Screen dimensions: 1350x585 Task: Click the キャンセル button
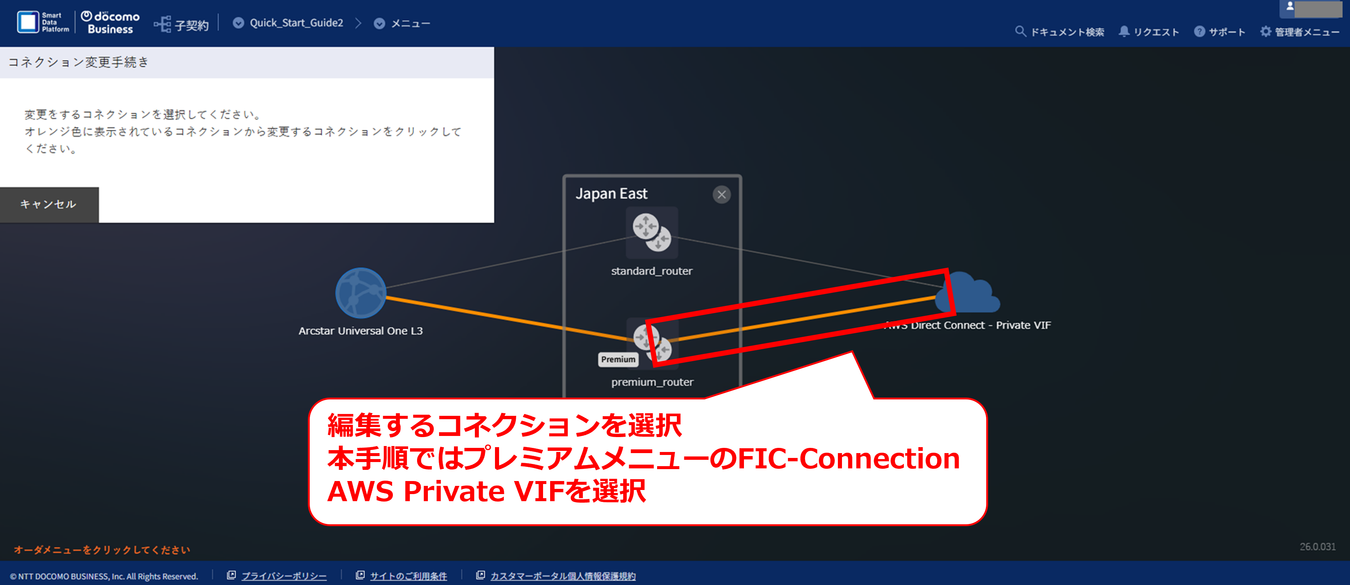(x=49, y=204)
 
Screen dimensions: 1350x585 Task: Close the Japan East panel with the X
(x=721, y=195)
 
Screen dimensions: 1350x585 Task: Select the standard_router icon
(x=652, y=232)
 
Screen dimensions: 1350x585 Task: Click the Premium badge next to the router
(x=618, y=359)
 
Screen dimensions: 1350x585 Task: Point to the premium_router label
(x=652, y=382)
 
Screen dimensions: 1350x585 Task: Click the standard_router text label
(x=652, y=271)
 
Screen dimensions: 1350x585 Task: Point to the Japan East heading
(x=611, y=194)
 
